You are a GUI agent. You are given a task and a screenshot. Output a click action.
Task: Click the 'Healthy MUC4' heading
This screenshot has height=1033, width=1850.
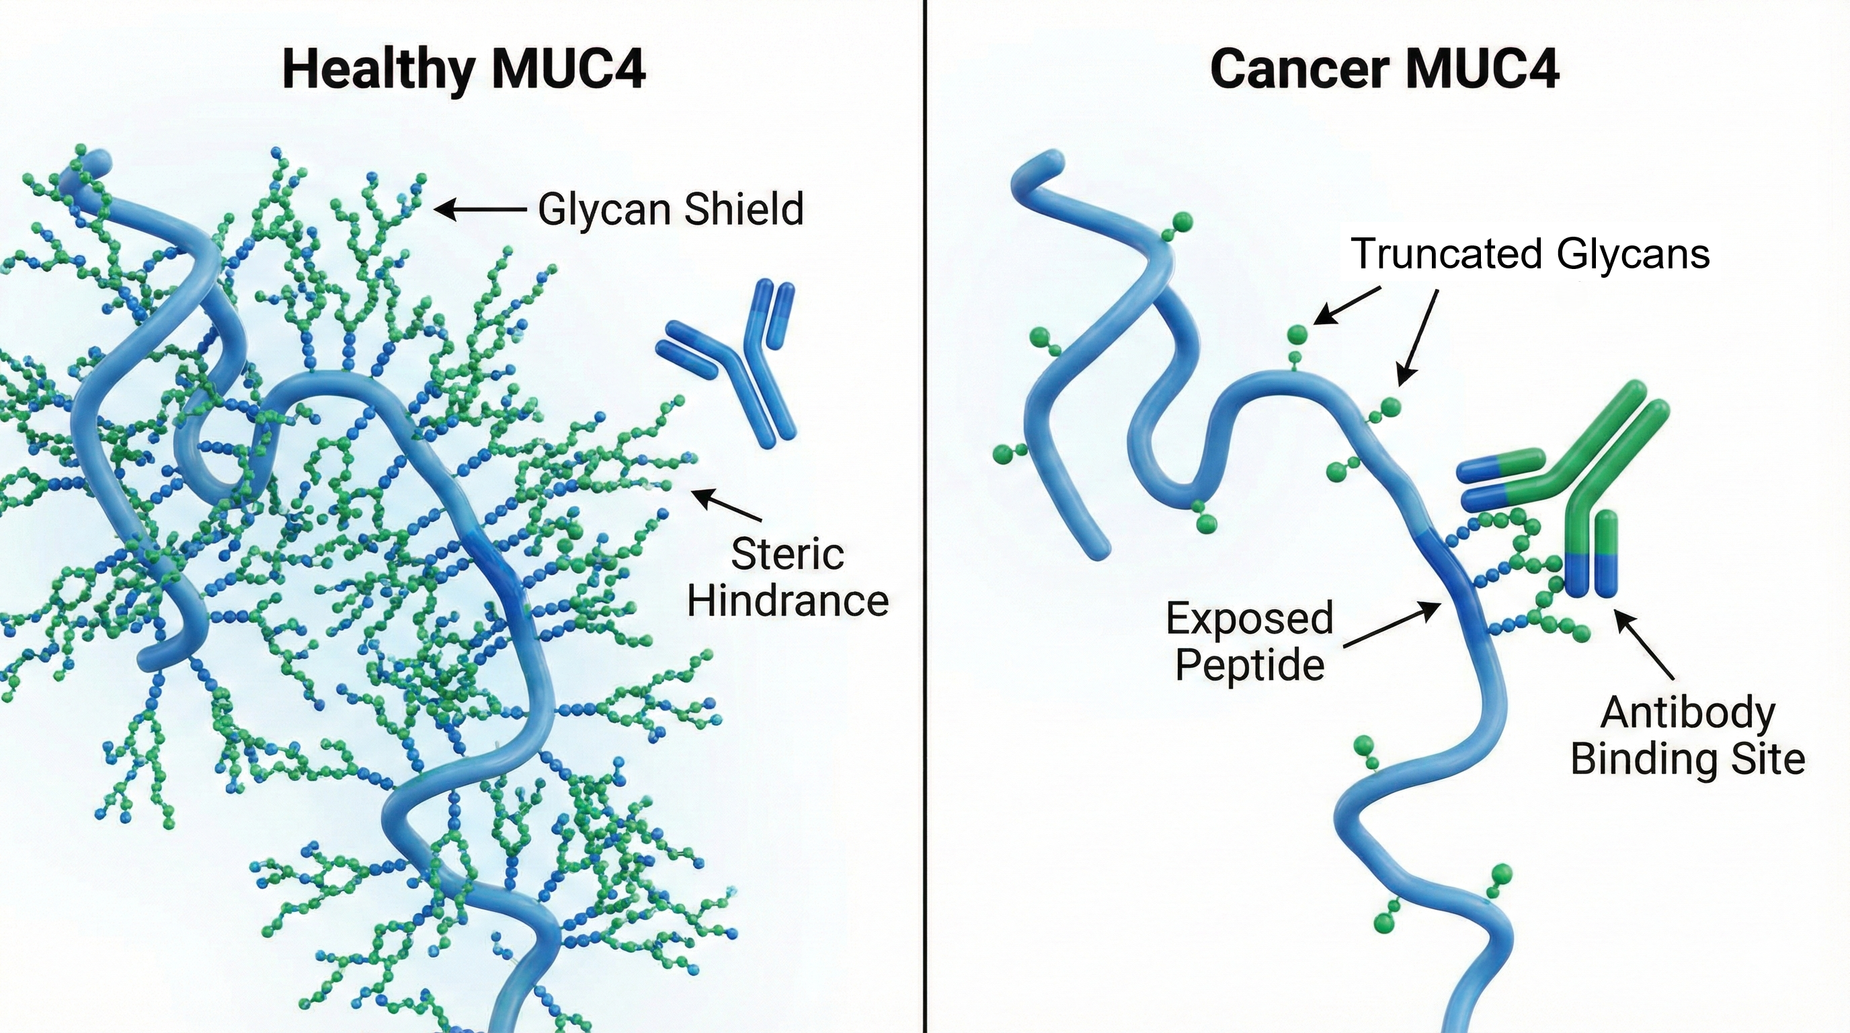click(464, 70)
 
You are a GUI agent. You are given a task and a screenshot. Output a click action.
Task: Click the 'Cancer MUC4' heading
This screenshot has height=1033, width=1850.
click(1384, 70)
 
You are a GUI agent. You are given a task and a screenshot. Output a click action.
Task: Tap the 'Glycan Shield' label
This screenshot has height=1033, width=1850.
click(671, 210)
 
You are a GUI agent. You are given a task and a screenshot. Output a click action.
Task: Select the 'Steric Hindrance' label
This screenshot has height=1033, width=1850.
click(788, 578)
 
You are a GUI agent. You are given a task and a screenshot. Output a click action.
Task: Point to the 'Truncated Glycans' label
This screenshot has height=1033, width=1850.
click(1531, 254)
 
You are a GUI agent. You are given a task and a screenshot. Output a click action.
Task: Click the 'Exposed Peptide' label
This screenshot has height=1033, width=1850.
click(1250, 641)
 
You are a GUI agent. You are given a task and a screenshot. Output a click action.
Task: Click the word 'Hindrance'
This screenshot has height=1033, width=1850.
click(788, 601)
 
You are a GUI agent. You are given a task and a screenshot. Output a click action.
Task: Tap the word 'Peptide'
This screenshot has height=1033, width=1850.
click(1250, 664)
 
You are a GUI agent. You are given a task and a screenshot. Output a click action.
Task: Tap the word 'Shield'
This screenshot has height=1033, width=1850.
click(743, 210)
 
